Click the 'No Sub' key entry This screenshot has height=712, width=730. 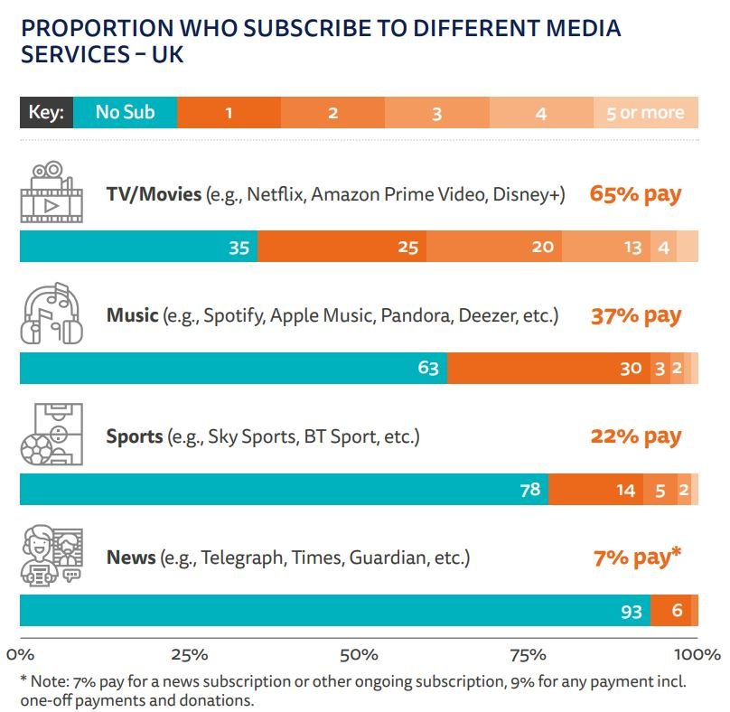coord(125,113)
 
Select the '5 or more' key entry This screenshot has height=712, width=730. coord(646,113)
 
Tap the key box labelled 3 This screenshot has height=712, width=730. coord(436,113)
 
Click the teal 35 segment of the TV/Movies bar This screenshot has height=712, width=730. coord(138,247)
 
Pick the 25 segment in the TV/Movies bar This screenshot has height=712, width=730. coord(342,247)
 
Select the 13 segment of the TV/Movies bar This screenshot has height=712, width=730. coord(605,247)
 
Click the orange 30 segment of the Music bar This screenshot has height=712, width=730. coord(548,369)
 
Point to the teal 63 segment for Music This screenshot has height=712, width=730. coord(233,369)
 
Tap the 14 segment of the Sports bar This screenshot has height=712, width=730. coord(595,490)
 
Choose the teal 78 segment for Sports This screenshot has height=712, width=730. coord(284,490)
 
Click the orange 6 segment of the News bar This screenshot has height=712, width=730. coord(670,611)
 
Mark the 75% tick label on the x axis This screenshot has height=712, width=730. coord(529,653)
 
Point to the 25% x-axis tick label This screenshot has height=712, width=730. coord(190,653)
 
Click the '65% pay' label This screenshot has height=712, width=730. coord(635,193)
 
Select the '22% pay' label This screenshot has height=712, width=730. coord(635,436)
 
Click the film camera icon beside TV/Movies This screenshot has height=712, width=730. coord(52,191)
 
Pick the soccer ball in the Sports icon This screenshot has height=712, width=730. coord(39,448)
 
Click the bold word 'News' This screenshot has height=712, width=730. coord(131,557)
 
